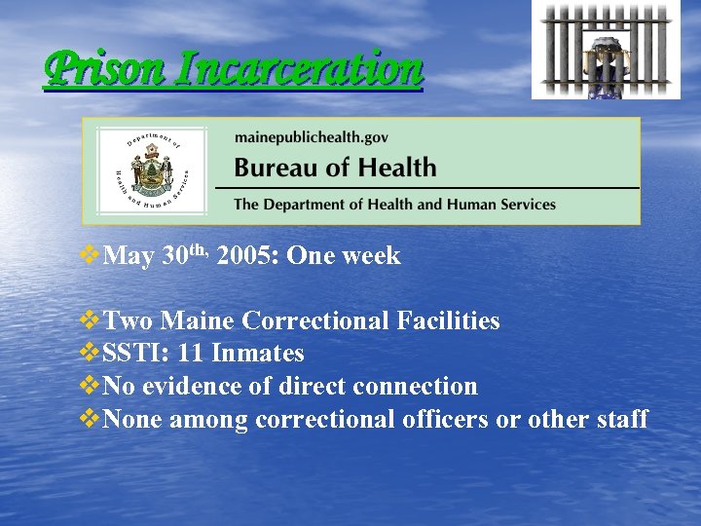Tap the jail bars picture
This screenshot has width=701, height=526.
[606, 50]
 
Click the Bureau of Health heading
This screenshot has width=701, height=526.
[335, 167]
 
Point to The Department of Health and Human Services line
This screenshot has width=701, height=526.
[394, 205]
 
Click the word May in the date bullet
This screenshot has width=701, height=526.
[129, 256]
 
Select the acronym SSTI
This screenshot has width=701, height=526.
[132, 354]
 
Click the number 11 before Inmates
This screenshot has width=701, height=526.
[192, 354]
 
